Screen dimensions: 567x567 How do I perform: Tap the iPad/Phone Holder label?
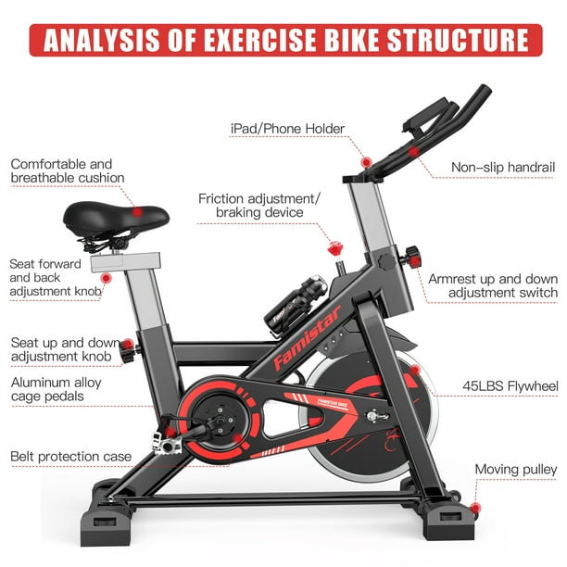(x=287, y=129)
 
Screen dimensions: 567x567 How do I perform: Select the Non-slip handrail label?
(x=503, y=168)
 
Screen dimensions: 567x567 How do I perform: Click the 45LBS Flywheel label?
(x=510, y=386)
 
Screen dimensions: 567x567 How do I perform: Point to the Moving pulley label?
(x=516, y=470)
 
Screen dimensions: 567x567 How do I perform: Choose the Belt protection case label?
(x=70, y=457)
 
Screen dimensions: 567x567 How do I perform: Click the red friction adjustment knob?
(x=335, y=248)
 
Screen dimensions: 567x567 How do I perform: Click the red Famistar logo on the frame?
(x=307, y=338)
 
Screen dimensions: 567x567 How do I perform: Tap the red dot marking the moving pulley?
(x=475, y=508)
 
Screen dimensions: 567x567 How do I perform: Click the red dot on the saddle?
(x=137, y=211)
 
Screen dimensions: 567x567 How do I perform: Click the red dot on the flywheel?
(x=415, y=370)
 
